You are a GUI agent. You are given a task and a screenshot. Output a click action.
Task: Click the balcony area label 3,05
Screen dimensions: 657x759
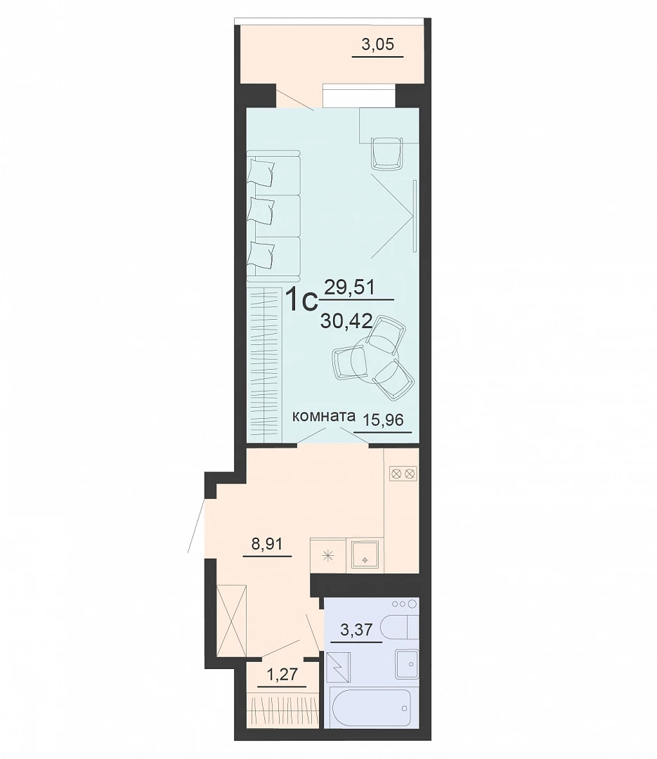click(377, 44)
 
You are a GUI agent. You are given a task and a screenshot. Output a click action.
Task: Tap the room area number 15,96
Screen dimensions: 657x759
click(383, 420)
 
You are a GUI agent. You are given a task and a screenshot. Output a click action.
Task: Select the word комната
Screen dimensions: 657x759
click(324, 416)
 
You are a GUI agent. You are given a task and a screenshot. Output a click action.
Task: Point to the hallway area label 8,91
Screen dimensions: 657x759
click(267, 544)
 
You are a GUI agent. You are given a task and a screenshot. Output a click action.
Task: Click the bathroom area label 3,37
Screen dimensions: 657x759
click(356, 630)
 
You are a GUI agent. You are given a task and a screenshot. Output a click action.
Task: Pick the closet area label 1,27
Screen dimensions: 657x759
click(282, 674)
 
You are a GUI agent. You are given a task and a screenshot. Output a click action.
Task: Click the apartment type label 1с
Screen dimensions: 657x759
click(301, 299)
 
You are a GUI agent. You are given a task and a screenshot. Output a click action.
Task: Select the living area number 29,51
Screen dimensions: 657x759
click(349, 287)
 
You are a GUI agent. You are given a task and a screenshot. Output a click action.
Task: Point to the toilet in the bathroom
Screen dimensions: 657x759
click(400, 628)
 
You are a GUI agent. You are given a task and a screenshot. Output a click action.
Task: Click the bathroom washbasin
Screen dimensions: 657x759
click(407, 663)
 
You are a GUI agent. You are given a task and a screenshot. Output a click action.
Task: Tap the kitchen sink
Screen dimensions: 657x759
click(365, 557)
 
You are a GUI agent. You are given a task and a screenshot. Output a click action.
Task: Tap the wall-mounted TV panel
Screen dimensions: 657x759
click(415, 216)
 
